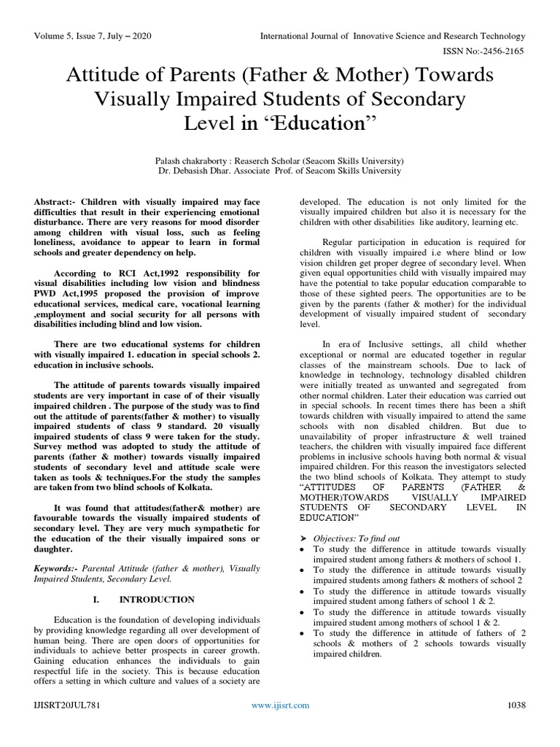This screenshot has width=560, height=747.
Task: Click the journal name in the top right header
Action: pyautogui.click(x=392, y=36)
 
